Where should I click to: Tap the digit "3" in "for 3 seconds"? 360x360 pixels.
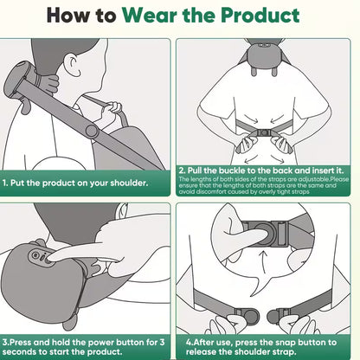tap(164, 343)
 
